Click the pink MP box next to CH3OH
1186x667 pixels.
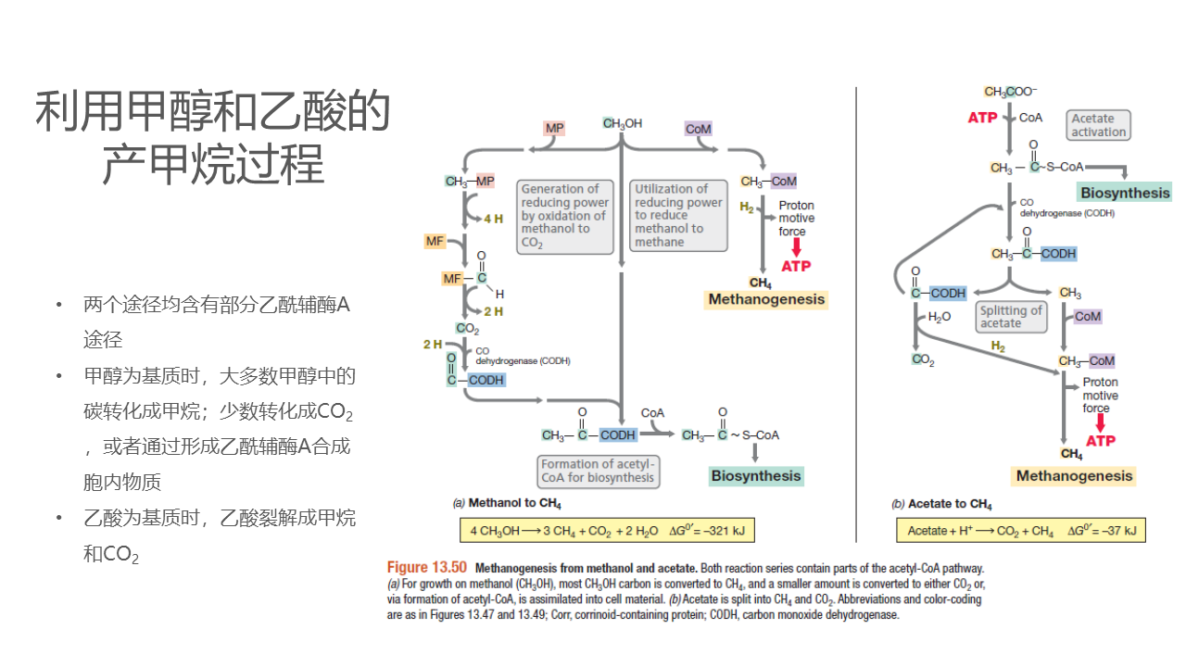click(554, 128)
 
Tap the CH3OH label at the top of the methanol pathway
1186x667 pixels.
click(622, 124)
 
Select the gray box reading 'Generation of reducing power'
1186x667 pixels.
click(564, 216)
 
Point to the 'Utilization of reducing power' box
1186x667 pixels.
click(679, 215)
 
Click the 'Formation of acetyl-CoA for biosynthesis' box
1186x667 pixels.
click(599, 471)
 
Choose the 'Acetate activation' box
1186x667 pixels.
click(1099, 125)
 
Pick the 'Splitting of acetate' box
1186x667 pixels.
click(1011, 317)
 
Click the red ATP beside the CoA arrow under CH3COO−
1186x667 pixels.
click(982, 118)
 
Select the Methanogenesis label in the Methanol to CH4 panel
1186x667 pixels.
click(766, 299)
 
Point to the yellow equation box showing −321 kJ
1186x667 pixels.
click(607, 531)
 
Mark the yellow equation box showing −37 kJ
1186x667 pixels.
click(1020, 531)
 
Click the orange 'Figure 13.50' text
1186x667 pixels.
click(427, 567)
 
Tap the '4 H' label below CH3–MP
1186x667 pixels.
click(493, 220)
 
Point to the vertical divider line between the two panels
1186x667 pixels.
click(856, 315)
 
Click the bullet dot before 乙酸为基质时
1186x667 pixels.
click(60, 517)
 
